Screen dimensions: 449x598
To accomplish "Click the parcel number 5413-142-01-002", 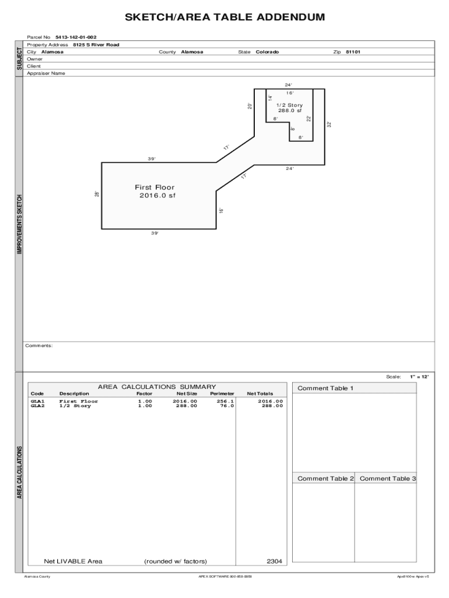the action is coord(76,37).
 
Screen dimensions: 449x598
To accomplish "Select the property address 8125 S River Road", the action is coord(96,44).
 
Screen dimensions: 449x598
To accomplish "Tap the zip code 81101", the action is coord(353,52).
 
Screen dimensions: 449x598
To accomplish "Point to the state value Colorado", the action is coord(267,52).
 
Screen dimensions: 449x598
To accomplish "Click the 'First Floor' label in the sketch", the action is coord(155,187).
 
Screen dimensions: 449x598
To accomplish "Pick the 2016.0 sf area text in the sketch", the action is coord(157,196).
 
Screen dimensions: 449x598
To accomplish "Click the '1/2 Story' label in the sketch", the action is coord(289,105).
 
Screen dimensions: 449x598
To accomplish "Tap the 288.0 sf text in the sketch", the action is coord(290,110).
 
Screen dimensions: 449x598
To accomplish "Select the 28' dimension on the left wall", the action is coord(97,194).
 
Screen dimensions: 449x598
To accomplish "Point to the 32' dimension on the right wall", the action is coord(329,124).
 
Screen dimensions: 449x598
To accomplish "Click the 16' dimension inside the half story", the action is coord(290,93).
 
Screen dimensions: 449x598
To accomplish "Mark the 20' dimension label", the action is coord(250,106).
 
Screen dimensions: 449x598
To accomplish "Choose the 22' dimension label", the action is coord(308,119).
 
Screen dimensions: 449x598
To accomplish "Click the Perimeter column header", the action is coord(222,394).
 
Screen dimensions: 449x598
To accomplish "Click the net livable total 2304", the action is coord(274,561).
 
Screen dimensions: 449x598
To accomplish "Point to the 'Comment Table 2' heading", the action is coord(325,479).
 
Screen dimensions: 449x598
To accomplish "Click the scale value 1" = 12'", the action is coord(419,377).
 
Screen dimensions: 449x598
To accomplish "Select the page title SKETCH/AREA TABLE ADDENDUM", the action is coord(224,17).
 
